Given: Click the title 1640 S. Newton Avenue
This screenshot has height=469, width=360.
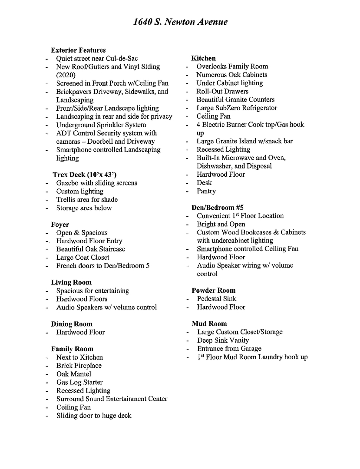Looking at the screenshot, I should [x=180, y=22].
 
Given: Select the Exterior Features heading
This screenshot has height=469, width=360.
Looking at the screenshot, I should [x=78, y=50].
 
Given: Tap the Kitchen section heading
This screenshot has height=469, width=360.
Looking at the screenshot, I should [x=203, y=58].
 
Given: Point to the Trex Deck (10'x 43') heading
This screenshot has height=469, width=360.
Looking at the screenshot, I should [x=84, y=175].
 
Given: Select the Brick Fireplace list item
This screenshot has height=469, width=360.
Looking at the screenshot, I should [x=79, y=366].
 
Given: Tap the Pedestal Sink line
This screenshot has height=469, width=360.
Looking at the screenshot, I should [x=216, y=299].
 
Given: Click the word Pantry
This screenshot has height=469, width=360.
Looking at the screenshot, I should [x=206, y=191].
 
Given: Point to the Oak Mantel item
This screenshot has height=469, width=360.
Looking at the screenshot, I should [x=73, y=374].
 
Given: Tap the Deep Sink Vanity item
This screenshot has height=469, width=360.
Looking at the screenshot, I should [x=223, y=340].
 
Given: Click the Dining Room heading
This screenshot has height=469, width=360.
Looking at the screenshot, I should [x=72, y=324].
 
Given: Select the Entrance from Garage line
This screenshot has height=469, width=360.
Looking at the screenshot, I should [x=229, y=349].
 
